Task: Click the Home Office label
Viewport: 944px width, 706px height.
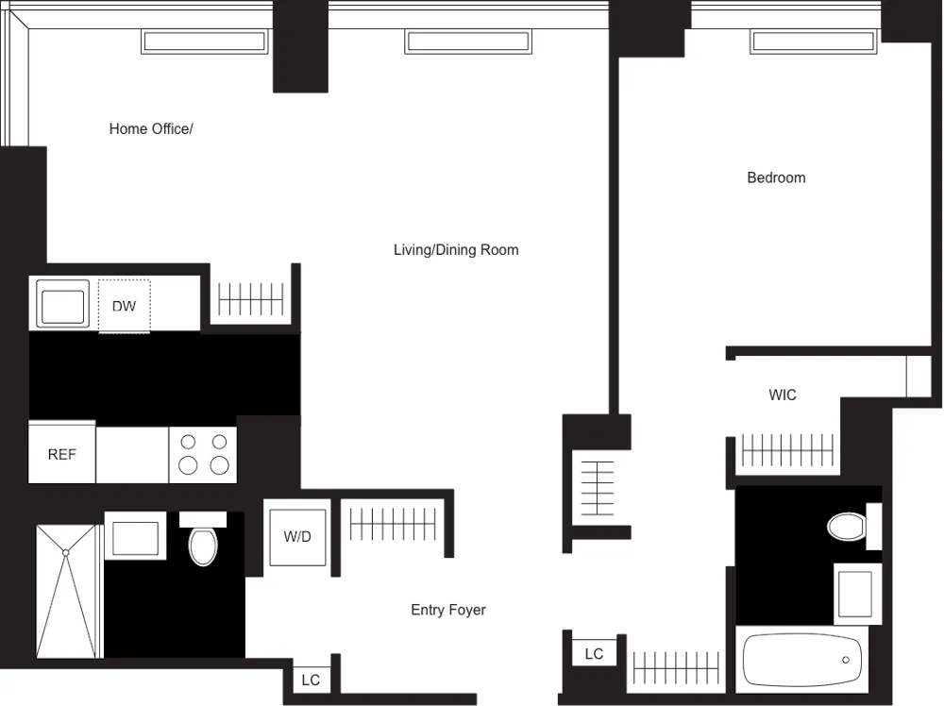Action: click(151, 129)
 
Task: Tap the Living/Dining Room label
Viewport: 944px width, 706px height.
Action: click(456, 250)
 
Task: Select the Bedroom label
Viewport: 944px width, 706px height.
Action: click(776, 177)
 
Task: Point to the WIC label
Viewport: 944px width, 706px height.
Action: click(782, 395)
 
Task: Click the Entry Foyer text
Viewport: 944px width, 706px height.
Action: click(447, 610)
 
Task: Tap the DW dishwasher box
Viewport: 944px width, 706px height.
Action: click(124, 306)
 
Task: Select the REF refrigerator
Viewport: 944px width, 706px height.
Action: click(61, 454)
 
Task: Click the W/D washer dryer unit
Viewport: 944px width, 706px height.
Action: click(297, 537)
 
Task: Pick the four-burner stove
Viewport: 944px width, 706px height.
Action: click(203, 454)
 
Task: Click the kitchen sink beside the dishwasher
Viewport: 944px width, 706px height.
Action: click(62, 304)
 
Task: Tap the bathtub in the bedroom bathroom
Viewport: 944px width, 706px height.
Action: click(802, 660)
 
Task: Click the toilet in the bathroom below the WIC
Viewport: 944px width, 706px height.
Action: click(847, 526)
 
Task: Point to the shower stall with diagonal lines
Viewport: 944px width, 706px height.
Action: click(67, 591)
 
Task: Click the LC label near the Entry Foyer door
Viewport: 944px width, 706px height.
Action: click(311, 680)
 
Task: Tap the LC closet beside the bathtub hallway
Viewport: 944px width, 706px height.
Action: click(594, 653)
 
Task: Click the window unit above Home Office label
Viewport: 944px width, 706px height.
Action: click(204, 42)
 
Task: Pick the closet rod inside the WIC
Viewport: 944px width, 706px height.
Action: click(786, 450)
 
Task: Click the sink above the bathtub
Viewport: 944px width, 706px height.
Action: click(856, 593)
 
